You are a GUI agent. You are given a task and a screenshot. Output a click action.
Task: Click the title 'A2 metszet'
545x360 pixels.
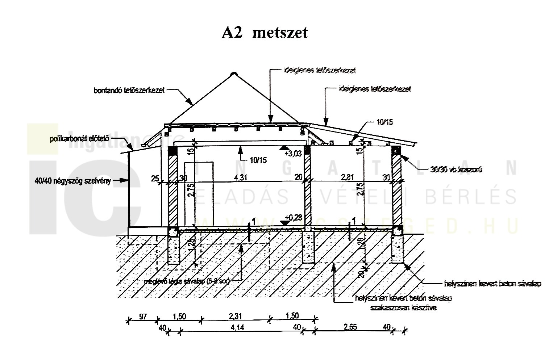pos(265,33)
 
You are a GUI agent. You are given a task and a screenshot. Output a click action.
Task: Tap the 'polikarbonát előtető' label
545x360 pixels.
pos(80,139)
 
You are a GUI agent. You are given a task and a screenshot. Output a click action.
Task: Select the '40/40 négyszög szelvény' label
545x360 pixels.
pos(71,180)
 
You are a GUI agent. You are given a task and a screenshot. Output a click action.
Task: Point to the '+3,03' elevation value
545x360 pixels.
pos(293,154)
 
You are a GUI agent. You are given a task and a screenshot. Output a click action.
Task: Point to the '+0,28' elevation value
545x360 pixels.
pos(293,217)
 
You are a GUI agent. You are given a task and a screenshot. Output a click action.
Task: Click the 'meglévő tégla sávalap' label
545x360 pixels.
pos(186,281)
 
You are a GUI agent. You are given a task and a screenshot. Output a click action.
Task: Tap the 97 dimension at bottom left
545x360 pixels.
pos(142,317)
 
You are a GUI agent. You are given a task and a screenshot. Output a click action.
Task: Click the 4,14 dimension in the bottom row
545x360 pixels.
pos(237,327)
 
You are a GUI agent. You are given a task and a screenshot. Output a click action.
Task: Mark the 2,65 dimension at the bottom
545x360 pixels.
pos(350,327)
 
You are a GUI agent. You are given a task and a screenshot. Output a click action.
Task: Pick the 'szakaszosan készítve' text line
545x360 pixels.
pos(403,308)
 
